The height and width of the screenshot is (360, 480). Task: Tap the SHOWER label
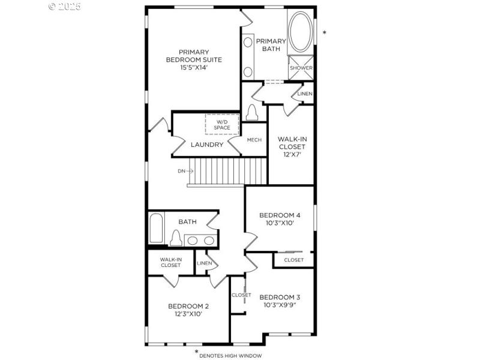coord(301,68)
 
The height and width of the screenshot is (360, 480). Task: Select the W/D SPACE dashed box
coord(222,124)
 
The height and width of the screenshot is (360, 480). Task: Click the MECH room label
coord(254,140)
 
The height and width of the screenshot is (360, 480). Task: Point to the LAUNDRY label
coord(207,145)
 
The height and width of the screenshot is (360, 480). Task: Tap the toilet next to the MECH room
coord(251,112)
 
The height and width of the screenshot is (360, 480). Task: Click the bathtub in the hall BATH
coord(156,229)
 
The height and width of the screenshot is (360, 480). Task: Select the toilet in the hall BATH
coord(176,238)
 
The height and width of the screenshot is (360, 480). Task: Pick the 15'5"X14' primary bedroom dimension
coord(194,68)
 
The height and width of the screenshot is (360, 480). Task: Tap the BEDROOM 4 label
coord(280,215)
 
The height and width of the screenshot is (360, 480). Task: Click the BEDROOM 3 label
coord(280,297)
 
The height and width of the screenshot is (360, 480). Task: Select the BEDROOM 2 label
coord(188,305)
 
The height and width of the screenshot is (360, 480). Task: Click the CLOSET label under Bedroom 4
coord(294,260)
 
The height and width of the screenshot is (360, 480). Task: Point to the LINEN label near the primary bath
coord(305,94)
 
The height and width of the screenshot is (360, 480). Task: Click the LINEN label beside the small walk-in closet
coord(205,263)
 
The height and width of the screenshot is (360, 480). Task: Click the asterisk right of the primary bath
coord(325,33)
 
